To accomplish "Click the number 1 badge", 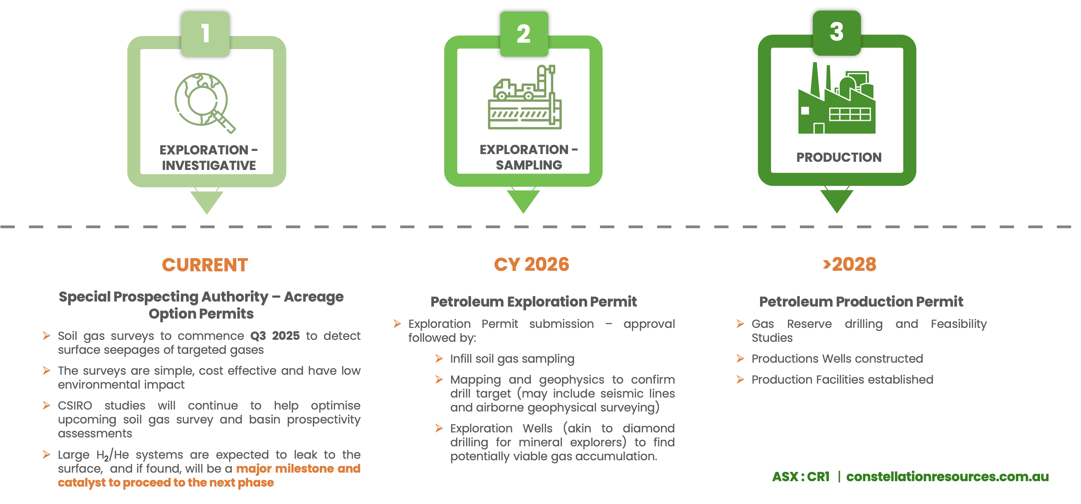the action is coord(205,34).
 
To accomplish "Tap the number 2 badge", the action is coord(524,34).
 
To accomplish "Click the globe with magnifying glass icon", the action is coord(204,103).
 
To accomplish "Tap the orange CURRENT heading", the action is coord(205,265).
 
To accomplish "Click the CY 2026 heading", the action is coord(531,264).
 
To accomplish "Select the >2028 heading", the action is coord(849,264).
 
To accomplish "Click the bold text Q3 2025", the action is coord(275,336).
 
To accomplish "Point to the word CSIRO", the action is coord(75,405).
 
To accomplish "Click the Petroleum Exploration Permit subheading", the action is coord(534,301).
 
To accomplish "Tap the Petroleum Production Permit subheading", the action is coord(861,301).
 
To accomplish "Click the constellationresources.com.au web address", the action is coord(947,477).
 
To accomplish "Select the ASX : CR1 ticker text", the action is coord(801,477).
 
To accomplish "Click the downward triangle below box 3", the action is coord(837,201).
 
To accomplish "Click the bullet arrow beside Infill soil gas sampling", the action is coord(439,358).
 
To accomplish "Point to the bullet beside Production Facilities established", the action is coord(740,379).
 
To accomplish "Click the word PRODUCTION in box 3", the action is coord(839,158).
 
